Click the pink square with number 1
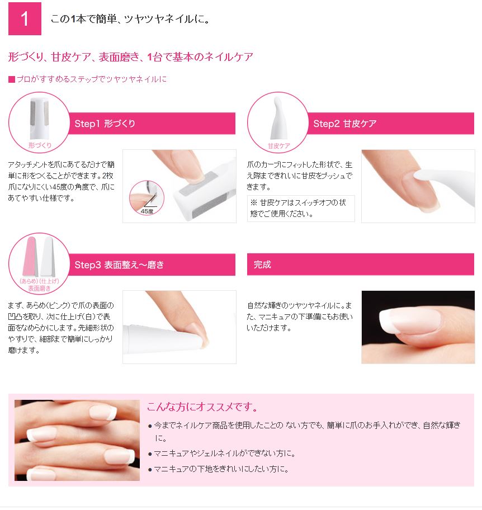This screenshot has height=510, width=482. pyautogui.click(x=25, y=18)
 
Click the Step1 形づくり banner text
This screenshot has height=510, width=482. pyautogui.click(x=105, y=124)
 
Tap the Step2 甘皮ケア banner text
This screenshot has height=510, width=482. pyautogui.click(x=345, y=124)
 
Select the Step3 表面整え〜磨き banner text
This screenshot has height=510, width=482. pyautogui.click(x=119, y=265)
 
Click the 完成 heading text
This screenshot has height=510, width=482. pyautogui.click(x=262, y=265)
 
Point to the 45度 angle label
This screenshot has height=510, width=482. pyautogui.click(x=147, y=211)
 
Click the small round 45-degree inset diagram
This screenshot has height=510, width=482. pyautogui.click(x=147, y=198)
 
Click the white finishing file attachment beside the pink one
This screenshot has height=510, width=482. pyautogui.click(x=48, y=257)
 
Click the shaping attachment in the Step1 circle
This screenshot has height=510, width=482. pyautogui.click(x=39, y=119)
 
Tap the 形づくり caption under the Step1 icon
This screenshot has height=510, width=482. pyautogui.click(x=40, y=145)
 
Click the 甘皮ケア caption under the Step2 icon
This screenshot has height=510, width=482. pyautogui.click(x=278, y=146)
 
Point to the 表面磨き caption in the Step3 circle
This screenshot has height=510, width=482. pyautogui.click(x=39, y=289)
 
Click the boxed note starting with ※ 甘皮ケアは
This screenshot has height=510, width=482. pyautogui.click(x=301, y=209)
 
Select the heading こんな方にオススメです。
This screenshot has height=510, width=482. pyautogui.click(x=202, y=407)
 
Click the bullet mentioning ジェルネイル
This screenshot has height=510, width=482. pyautogui.click(x=224, y=454)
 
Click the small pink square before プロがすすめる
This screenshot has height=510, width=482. pyautogui.click(x=12, y=79)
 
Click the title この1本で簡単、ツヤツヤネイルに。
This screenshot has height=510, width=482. pyautogui.click(x=130, y=19)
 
